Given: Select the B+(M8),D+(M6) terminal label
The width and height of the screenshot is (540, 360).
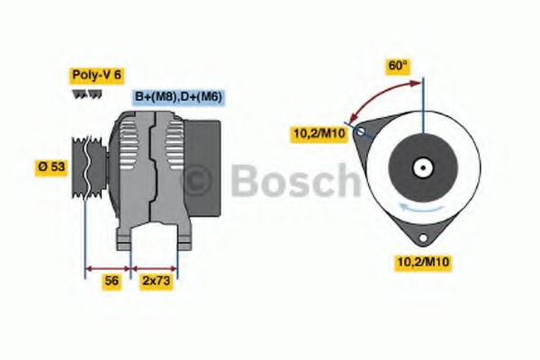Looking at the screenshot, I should click(x=179, y=96).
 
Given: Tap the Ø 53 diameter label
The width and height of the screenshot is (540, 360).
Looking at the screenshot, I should click(x=51, y=166).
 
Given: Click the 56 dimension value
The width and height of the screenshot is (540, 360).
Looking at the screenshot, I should click(x=112, y=281).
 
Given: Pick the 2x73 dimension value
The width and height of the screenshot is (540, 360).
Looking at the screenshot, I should click(x=157, y=281).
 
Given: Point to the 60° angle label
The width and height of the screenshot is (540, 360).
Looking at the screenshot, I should click(x=398, y=66).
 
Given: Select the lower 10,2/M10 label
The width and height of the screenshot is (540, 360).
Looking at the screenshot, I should click(x=423, y=262).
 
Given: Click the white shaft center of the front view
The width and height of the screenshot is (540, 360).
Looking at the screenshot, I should click(x=422, y=166).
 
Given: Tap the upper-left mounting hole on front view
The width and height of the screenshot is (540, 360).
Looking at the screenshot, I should click(x=363, y=131).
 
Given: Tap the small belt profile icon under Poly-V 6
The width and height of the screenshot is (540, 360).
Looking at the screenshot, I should click(x=82, y=94).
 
